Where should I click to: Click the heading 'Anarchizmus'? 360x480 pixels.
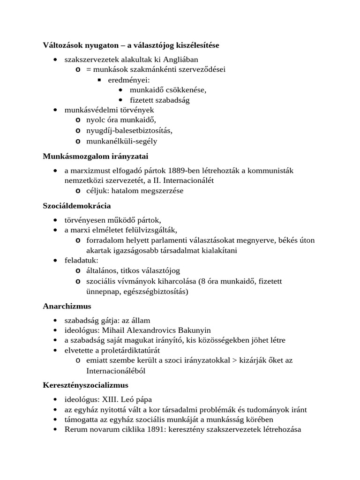pyautogui.click(x=67, y=306)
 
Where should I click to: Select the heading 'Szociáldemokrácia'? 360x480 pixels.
pyautogui.click(x=77, y=205)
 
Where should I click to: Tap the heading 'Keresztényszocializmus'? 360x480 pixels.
pyautogui.click(x=86, y=385)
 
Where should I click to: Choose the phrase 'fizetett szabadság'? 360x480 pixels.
pyautogui.click(x=160, y=100)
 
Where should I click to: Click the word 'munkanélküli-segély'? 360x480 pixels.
pyautogui.click(x=122, y=141)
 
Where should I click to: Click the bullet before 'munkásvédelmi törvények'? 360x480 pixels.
pyautogui.click(x=56, y=110)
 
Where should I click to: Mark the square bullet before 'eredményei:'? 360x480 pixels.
pyautogui.click(x=99, y=80)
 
